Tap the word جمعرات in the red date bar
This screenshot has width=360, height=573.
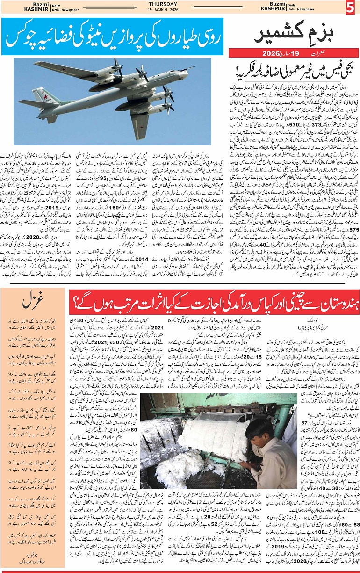click(x=327, y=54)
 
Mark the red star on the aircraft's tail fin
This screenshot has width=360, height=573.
click(x=46, y=97)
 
